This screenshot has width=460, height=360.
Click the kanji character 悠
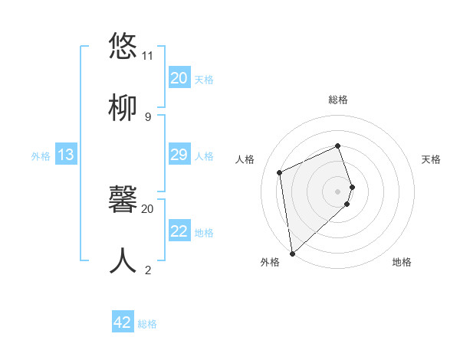(123, 46)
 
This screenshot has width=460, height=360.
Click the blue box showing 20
(179, 78)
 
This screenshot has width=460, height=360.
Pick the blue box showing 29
(179, 155)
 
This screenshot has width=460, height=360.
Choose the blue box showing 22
(179, 231)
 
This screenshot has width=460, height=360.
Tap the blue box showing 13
(66, 155)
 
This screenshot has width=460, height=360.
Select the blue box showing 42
(123, 322)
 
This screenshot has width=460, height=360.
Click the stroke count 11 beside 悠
(147, 56)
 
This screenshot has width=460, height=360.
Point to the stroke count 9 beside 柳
(147, 117)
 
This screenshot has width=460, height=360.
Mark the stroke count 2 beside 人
(147, 270)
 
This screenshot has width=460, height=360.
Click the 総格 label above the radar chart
(338, 100)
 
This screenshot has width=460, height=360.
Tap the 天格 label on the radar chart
(432, 159)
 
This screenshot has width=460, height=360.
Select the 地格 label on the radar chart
(402, 262)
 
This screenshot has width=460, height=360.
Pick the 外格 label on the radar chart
(270, 262)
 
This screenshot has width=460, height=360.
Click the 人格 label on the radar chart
(245, 159)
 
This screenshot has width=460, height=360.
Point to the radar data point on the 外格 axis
(292, 253)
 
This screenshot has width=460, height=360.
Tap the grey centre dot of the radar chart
(338, 191)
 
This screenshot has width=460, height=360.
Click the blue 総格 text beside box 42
(147, 324)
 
